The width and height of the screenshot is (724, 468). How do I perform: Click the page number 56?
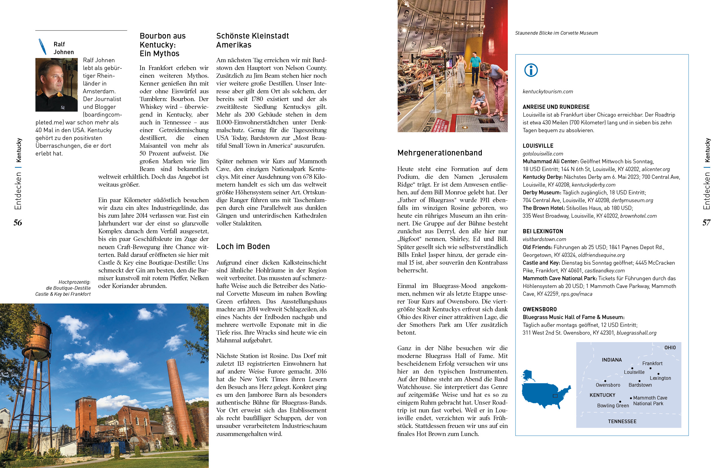(18, 223)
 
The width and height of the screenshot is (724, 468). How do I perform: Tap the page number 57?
(706, 223)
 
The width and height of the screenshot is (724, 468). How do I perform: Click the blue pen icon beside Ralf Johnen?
(42, 46)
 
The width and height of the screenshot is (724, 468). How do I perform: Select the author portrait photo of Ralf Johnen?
(57, 85)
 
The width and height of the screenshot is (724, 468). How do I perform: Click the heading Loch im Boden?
(243, 246)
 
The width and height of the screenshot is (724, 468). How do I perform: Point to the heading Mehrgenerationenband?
(439, 153)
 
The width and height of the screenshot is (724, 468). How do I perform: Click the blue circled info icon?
(531, 70)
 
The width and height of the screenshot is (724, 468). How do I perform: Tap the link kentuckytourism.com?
(548, 92)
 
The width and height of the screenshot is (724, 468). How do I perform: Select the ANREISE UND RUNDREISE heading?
(556, 107)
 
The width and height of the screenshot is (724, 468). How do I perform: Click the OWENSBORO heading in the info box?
(539, 310)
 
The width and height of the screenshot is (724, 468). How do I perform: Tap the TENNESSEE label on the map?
(622, 421)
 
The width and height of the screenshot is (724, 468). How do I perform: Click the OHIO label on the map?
(670, 348)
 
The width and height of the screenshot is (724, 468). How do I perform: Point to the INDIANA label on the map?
(612, 360)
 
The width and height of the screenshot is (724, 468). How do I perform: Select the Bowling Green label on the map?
(613, 406)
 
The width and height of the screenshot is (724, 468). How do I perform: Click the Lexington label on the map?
(660, 378)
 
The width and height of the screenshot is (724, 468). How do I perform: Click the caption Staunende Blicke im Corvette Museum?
(556, 33)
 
